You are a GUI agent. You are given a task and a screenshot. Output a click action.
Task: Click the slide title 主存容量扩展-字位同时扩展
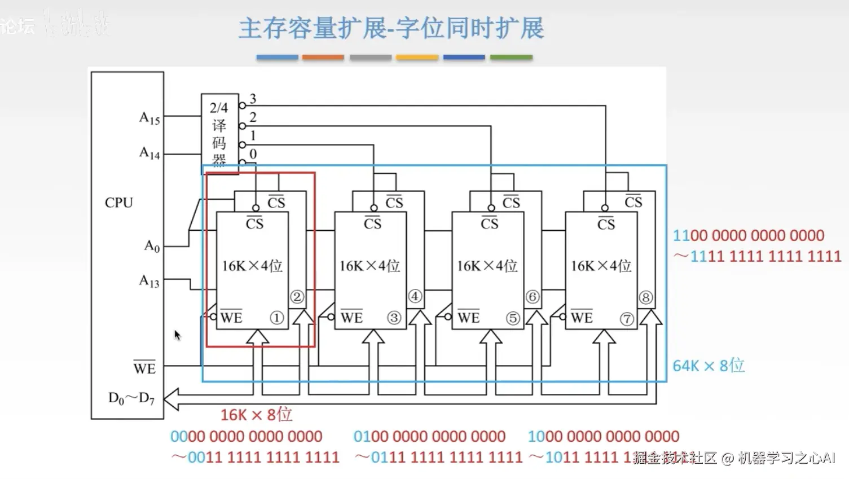[390, 28]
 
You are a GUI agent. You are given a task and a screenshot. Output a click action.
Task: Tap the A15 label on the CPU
[149, 118]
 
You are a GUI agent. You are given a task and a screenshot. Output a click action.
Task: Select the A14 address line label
[149, 152]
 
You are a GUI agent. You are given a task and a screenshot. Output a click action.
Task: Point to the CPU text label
[118, 203]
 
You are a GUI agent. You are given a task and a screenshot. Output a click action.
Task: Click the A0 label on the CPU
[152, 246]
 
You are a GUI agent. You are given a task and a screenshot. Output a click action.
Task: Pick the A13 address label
[149, 280]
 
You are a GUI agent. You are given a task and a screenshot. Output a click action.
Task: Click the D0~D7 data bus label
[131, 398]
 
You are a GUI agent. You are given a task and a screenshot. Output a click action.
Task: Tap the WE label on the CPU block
[144, 368]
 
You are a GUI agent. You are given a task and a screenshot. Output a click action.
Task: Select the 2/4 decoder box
[219, 133]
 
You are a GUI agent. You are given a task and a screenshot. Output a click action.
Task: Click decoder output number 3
[253, 99]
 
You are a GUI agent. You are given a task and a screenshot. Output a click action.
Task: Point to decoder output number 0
[253, 153]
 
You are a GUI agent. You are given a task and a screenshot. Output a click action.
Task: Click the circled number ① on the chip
[276, 318]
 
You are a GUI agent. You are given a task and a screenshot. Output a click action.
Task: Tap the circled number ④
[415, 296]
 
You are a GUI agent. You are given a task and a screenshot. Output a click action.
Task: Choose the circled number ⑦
[627, 319]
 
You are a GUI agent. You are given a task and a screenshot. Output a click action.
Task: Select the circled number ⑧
[646, 297]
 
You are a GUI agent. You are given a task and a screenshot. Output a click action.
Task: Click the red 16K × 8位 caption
[256, 415]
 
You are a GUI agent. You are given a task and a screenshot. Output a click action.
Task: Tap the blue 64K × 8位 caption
[709, 366]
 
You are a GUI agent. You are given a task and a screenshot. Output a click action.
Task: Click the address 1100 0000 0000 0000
[749, 235]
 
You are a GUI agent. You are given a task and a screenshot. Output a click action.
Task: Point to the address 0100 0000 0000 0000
[429, 436]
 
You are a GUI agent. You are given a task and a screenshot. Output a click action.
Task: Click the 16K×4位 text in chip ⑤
[487, 266]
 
